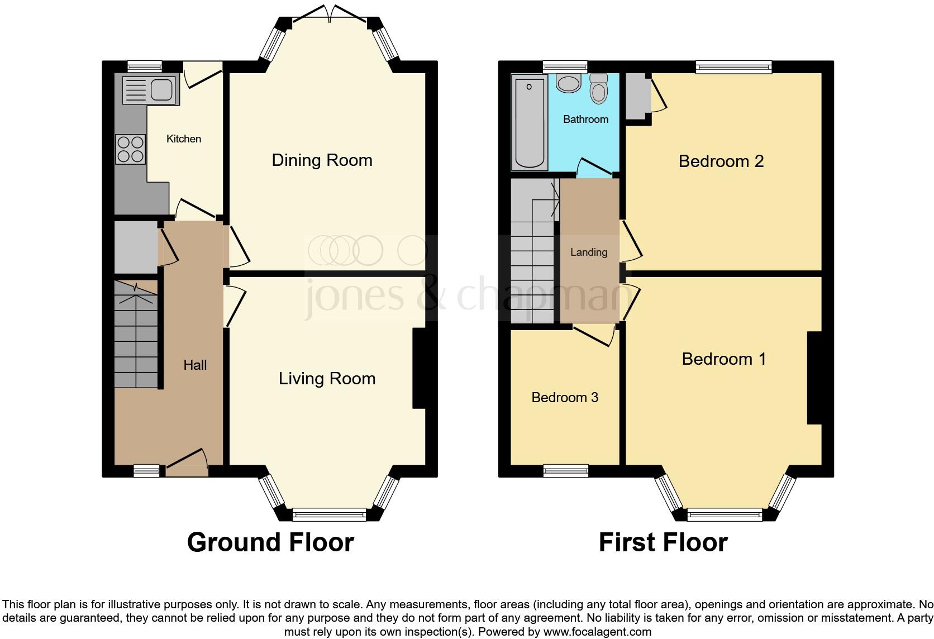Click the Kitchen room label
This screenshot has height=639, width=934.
(183, 139)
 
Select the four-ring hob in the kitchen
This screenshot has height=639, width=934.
(130, 149)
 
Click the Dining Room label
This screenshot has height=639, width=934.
(322, 160)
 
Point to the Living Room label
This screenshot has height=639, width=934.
(327, 379)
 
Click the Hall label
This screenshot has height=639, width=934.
(195, 365)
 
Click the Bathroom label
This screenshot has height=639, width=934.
(585, 119)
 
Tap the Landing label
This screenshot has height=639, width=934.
(589, 252)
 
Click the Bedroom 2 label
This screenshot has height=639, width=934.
(721, 161)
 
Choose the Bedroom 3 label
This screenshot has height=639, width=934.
(564, 398)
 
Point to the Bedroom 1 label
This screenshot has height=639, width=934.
(723, 359)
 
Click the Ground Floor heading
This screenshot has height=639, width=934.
(270, 542)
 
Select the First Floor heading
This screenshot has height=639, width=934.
(663, 542)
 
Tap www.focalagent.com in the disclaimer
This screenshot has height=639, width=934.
(597, 632)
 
